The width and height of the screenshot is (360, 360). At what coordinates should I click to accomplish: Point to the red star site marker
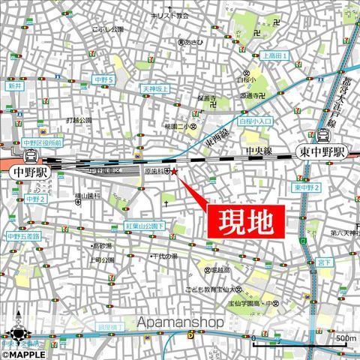175,172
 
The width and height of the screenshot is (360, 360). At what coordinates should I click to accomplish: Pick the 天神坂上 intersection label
157,88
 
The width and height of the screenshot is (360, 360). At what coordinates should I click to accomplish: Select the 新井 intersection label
16,87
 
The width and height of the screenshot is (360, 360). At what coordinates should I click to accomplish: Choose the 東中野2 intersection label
307,187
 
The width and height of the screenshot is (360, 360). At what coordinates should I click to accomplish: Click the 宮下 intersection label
323,262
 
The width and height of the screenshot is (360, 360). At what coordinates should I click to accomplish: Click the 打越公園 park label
78,120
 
